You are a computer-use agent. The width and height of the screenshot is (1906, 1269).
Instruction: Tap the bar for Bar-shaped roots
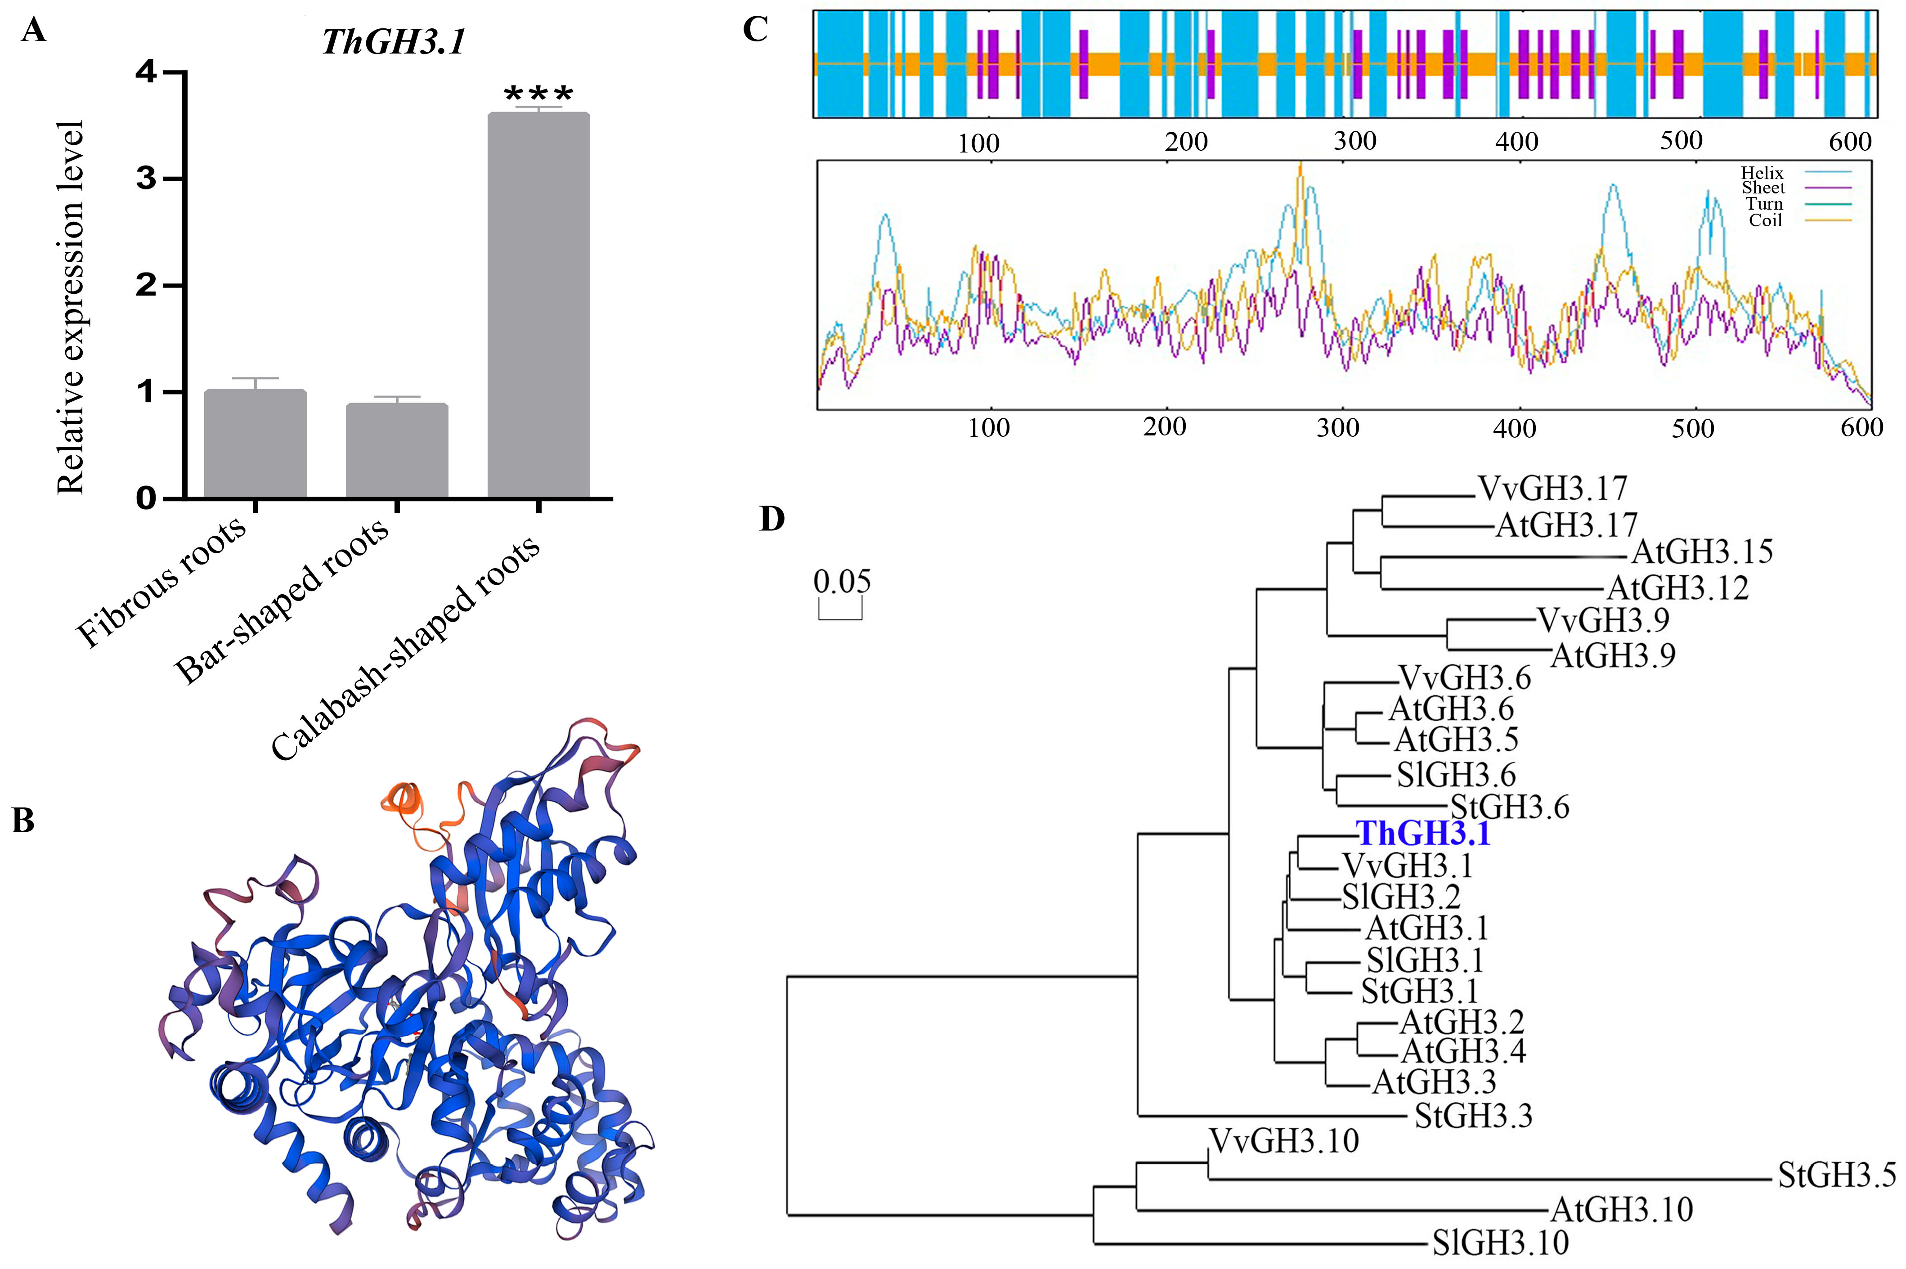pyautogui.click(x=397, y=450)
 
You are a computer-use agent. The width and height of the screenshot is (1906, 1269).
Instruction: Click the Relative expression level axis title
pyautogui.click(x=71, y=308)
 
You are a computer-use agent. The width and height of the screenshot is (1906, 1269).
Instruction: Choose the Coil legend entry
pyautogui.click(x=1765, y=220)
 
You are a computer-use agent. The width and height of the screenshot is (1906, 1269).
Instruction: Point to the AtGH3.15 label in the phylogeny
pyautogui.click(x=1702, y=552)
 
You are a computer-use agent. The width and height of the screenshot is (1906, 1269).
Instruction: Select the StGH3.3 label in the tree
pyautogui.click(x=1473, y=1116)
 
